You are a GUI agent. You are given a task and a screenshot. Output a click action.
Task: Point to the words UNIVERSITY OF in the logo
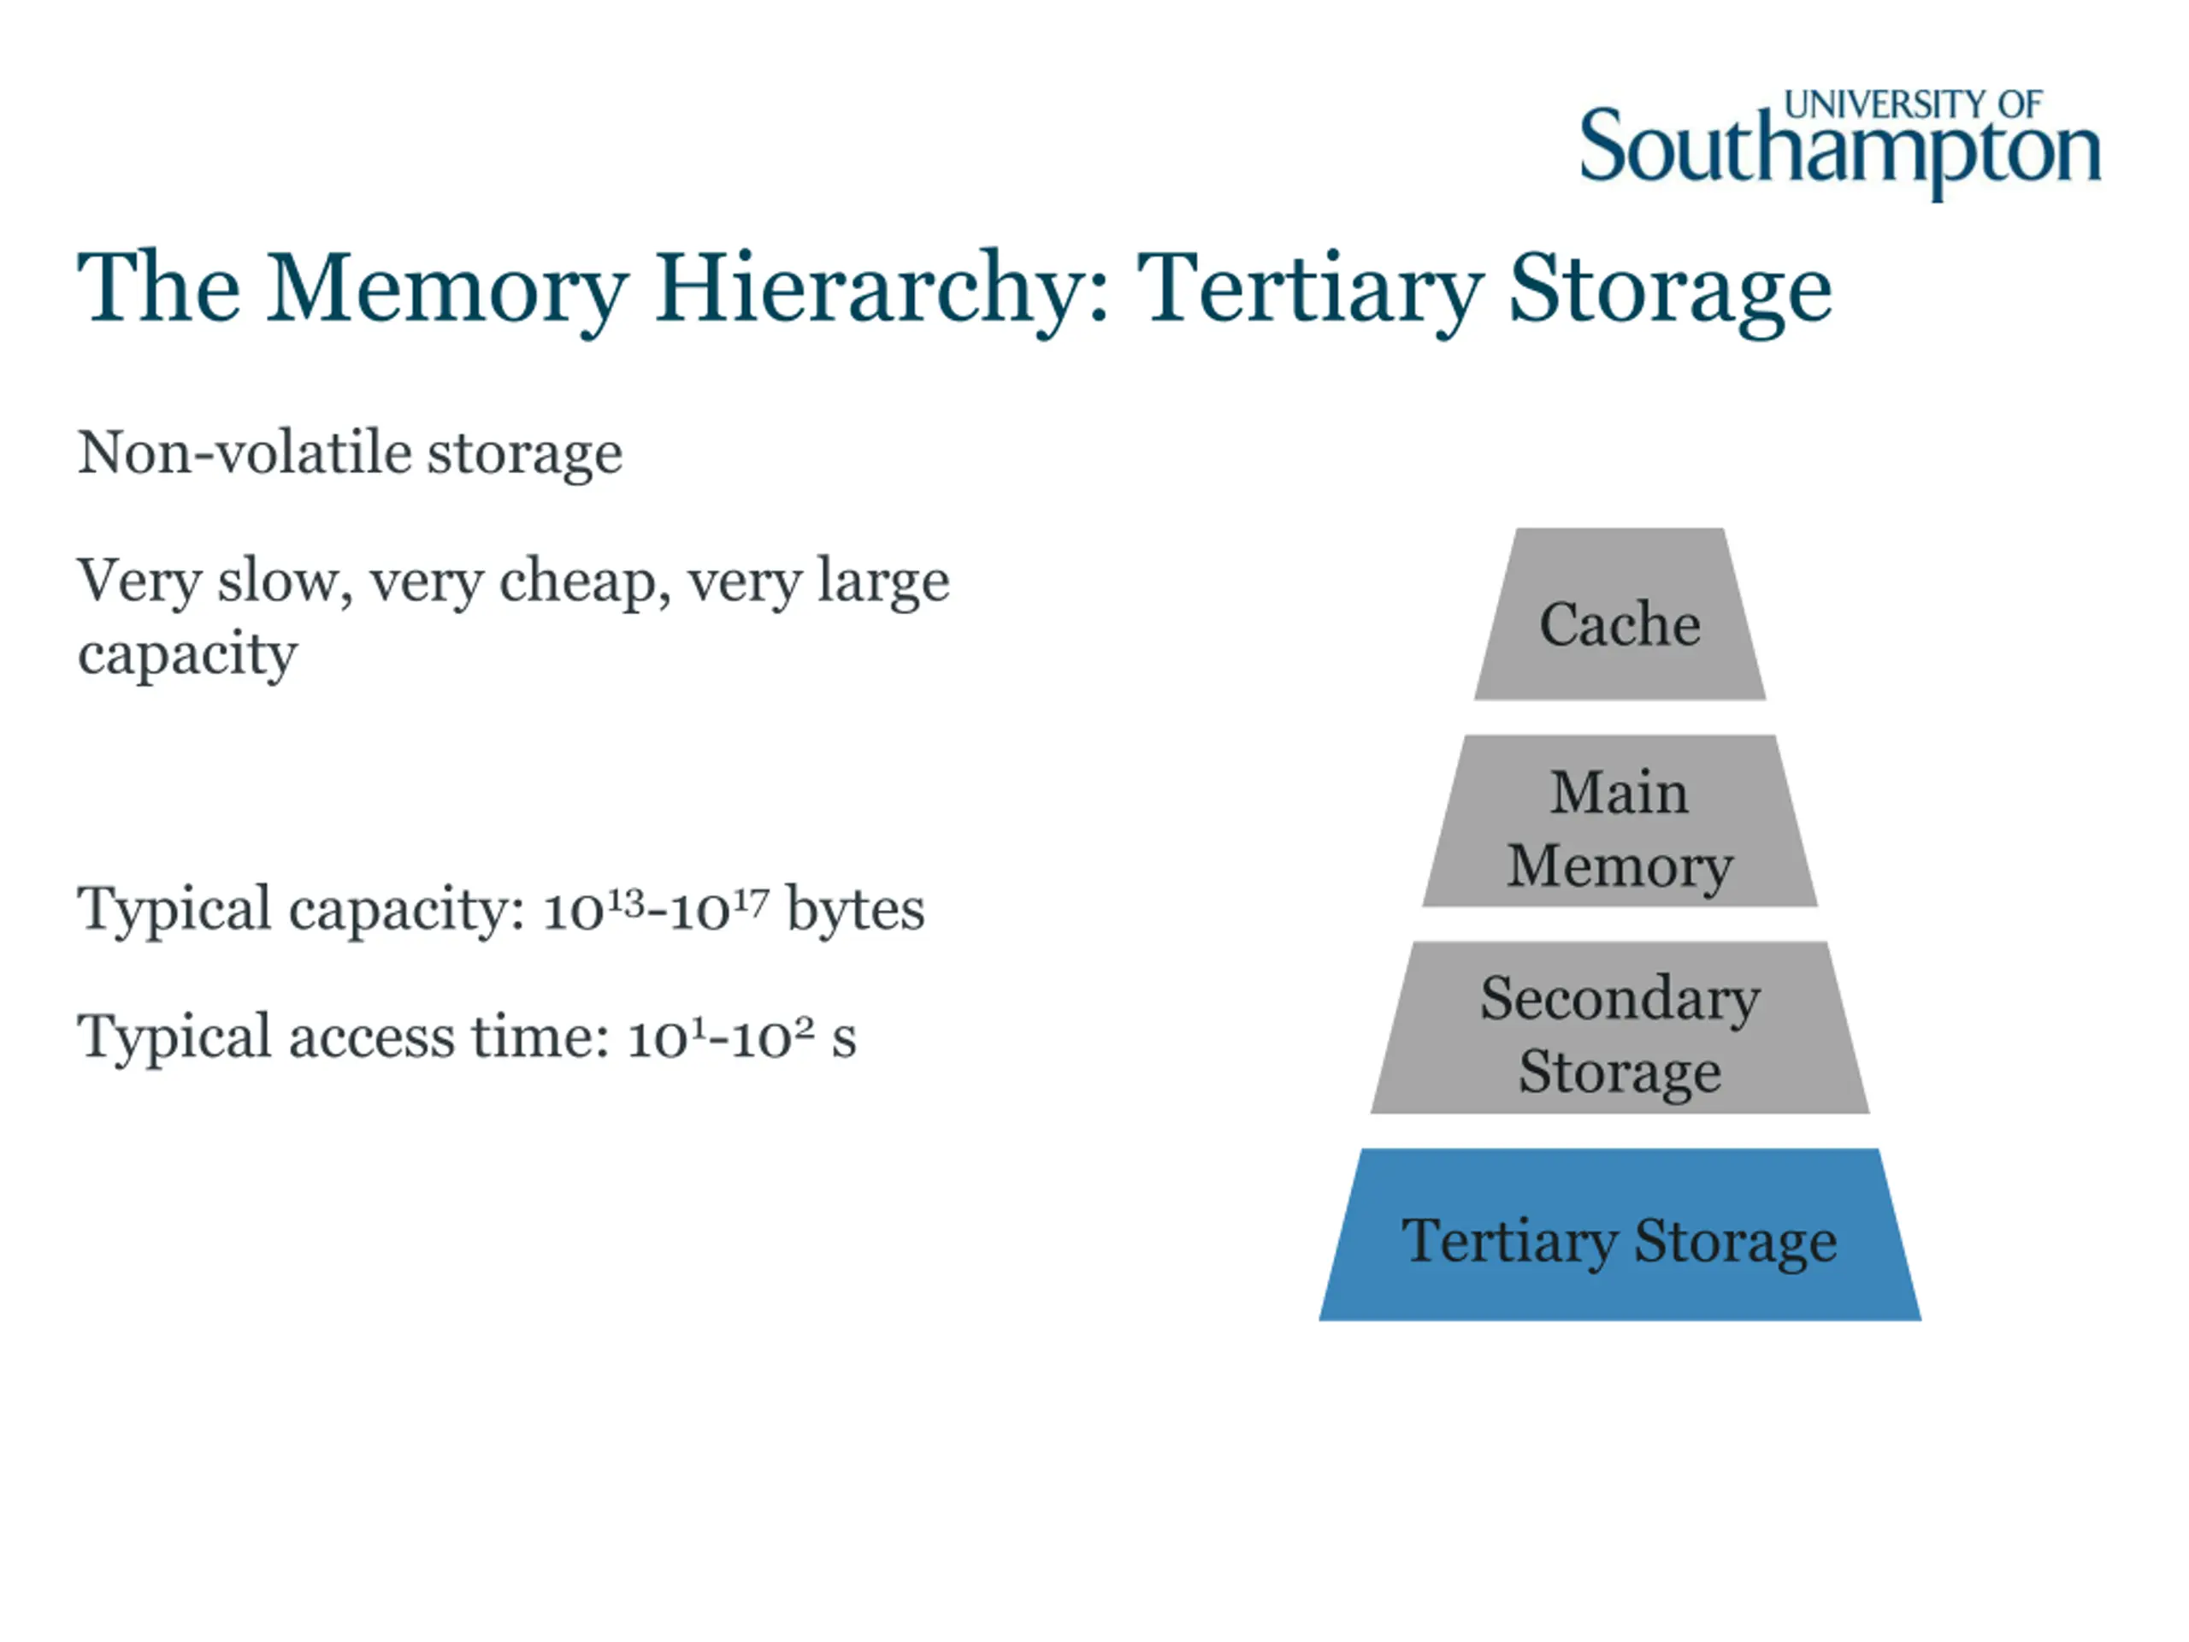[x=1912, y=104]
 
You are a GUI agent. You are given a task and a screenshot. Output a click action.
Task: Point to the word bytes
[x=855, y=908]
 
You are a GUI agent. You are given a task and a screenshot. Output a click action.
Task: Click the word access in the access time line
[x=371, y=1037]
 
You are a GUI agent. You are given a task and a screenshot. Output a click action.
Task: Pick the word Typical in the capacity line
[x=174, y=908]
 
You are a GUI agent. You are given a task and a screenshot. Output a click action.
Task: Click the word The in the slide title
[x=159, y=289]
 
